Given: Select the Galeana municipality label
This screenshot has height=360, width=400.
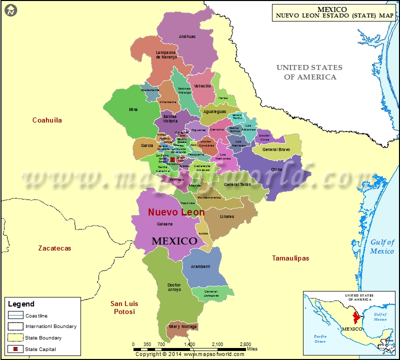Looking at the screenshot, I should point(164,224).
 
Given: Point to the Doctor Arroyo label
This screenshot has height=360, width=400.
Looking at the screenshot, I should point(174,287).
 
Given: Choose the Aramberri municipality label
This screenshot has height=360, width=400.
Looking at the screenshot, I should point(200,266).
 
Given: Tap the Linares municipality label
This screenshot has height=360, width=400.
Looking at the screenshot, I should point(226,216).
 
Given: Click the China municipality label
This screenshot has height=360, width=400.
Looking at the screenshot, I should point(276,169).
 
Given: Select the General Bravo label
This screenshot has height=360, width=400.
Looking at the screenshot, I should point(276,149).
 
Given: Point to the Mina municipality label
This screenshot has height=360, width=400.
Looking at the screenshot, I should point(133,109).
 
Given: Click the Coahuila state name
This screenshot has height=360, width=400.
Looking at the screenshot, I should point(47,120).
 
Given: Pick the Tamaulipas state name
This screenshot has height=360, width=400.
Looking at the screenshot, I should point(290,258).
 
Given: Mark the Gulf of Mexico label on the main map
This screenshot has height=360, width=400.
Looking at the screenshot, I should point(382,246).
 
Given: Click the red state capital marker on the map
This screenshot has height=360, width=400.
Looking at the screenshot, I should point(172,159).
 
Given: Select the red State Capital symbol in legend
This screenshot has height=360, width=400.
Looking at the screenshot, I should point(15,349).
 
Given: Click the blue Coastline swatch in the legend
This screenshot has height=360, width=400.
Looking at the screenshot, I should point(15,315).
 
